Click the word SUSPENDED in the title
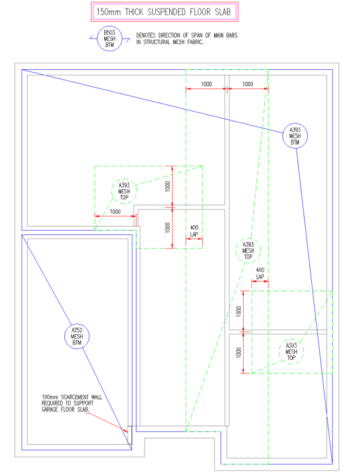tap(167, 12)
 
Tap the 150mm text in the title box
tap(108, 12)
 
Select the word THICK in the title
tap(134, 12)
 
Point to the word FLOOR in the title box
tap(200, 12)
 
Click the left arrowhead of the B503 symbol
tap(92, 37)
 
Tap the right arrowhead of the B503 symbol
tap(127, 40)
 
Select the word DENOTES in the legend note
tap(146, 35)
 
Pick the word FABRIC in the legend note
tap(195, 42)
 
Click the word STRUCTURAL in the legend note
tap(157, 42)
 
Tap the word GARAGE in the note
tap(51, 410)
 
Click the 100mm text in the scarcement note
tap(50, 397)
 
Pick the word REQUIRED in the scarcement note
tap(52, 403)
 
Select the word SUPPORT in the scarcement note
tap(84, 403)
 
